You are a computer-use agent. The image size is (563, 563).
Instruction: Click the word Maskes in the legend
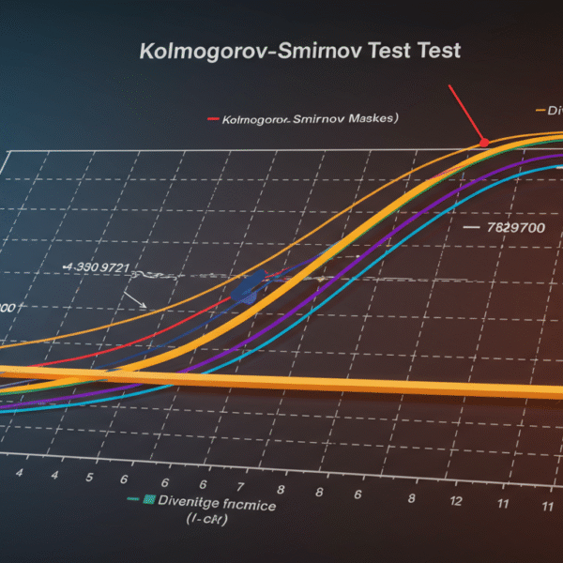point(371,119)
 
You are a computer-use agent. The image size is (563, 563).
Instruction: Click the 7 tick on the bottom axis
point(242,486)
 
